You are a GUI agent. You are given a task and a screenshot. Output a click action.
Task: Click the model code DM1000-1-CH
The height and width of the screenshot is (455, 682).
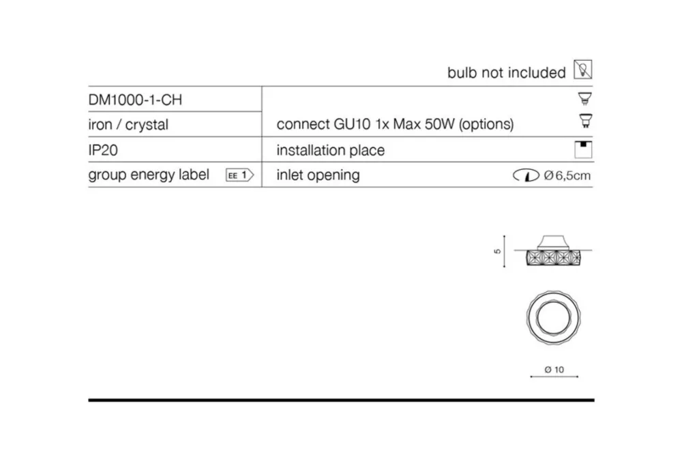point(135,100)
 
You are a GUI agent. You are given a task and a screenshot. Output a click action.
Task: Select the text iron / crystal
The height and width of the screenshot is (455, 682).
point(128,125)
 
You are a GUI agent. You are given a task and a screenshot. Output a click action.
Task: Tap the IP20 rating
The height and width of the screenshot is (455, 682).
point(103,150)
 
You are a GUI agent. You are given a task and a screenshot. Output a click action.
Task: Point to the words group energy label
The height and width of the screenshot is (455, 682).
point(149,175)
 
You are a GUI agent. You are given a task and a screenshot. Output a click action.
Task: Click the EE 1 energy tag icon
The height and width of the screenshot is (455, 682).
point(239,175)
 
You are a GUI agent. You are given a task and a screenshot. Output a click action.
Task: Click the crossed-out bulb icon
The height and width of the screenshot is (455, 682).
point(583,70)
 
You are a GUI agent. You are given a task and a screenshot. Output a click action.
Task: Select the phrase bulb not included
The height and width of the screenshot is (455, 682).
point(507,72)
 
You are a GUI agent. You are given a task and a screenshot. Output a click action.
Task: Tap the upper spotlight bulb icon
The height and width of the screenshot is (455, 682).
point(585,99)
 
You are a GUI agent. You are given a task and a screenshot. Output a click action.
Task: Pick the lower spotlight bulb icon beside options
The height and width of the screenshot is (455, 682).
point(586,121)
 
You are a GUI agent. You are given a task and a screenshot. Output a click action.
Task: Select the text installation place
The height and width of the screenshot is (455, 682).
point(331,151)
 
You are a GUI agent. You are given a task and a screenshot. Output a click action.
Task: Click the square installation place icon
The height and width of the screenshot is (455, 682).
point(583,149)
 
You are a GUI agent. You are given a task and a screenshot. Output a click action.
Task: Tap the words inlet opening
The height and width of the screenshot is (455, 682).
point(318,175)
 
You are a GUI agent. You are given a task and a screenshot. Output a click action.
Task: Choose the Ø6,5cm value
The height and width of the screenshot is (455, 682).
point(567,175)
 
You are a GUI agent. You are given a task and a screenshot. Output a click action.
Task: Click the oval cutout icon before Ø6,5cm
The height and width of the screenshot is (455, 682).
point(526,175)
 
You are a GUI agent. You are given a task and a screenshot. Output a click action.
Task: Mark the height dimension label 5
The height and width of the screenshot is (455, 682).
point(498,252)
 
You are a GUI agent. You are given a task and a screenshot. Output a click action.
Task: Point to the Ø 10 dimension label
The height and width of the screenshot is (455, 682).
point(554,370)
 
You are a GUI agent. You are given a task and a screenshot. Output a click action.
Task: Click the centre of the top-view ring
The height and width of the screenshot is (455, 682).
point(553,318)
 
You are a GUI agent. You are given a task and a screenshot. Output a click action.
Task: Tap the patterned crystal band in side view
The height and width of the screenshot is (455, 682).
point(554,258)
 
